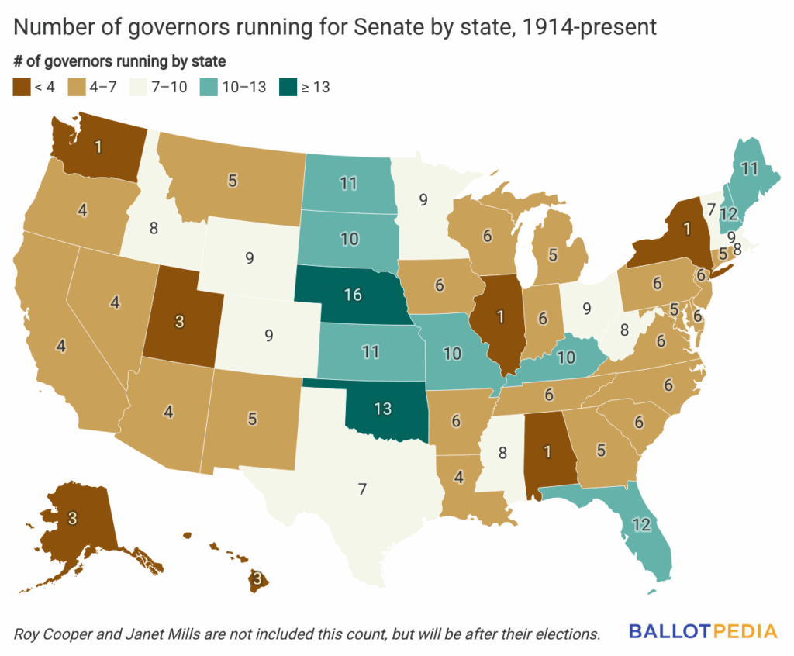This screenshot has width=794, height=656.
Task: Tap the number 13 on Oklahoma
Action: tap(383, 409)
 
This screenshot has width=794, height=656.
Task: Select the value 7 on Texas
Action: tap(361, 489)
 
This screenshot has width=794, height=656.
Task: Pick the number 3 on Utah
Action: tap(179, 322)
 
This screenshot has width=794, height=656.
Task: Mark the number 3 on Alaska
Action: tap(72, 519)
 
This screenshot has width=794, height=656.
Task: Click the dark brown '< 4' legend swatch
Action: tap(21, 87)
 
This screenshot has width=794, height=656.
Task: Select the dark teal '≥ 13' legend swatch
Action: tap(288, 87)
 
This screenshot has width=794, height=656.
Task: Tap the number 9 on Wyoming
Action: tap(249, 258)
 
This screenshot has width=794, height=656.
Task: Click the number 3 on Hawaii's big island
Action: tap(256, 578)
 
